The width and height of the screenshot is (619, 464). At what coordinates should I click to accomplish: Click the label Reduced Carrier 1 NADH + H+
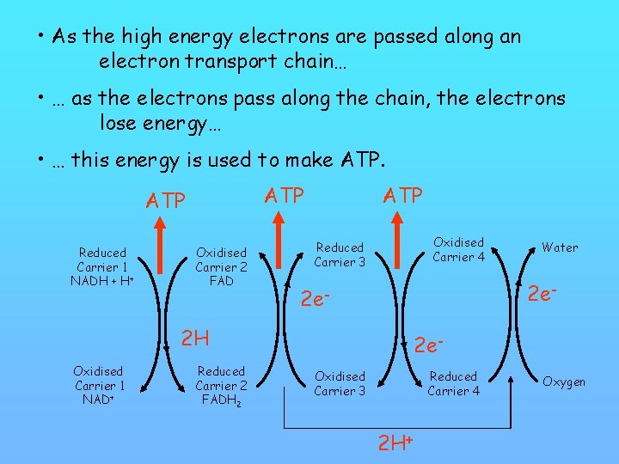[x=102, y=267]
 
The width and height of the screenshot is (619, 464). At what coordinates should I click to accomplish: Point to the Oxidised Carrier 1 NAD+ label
[x=99, y=385]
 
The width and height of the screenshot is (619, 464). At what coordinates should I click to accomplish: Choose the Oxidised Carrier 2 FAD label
[x=221, y=267]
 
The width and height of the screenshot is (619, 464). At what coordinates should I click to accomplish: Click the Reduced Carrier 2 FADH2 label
[x=221, y=385]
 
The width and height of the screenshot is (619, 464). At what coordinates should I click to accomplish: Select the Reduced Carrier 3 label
[x=340, y=254]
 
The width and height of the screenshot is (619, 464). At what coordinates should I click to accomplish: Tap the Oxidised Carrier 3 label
[x=340, y=384]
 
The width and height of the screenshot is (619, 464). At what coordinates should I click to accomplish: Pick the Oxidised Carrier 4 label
[x=458, y=249]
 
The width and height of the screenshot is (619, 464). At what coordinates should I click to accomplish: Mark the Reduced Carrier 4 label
[x=453, y=383]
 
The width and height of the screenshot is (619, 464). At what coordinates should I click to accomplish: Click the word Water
[x=560, y=247]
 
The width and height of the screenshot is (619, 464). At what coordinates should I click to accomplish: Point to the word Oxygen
[x=564, y=382]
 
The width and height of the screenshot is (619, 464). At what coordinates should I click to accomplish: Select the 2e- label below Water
[x=543, y=293]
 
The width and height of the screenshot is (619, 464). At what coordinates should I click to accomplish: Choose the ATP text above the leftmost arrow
[x=165, y=201]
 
